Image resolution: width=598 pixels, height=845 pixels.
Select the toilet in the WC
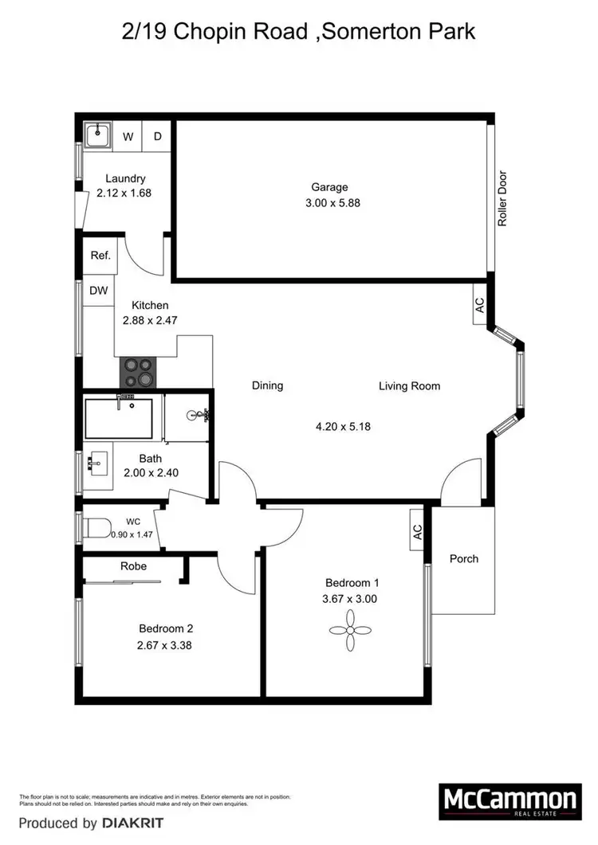click(98, 526)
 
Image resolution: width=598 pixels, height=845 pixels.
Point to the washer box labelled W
click(128, 136)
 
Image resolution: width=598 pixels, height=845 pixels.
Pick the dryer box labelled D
click(158, 136)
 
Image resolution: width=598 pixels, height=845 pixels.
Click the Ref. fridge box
click(100, 256)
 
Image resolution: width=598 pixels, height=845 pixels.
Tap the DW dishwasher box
click(99, 291)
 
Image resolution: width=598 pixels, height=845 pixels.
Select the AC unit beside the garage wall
click(480, 307)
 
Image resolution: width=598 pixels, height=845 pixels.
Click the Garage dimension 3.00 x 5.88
click(329, 203)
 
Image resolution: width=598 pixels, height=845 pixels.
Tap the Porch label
click(463, 558)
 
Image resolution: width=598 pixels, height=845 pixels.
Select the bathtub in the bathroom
click(119, 418)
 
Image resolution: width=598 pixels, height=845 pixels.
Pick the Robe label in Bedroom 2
click(132, 567)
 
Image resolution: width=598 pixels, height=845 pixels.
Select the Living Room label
click(409, 386)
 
